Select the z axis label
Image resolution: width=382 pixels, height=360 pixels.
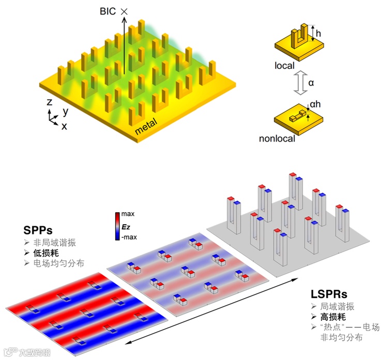pos(49,102)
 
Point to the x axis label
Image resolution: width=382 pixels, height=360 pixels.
pos(64,126)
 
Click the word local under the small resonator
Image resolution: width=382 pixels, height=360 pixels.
pos(285,66)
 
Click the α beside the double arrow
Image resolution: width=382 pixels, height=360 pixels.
pos(311,83)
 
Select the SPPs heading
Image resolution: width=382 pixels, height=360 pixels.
pos(39,229)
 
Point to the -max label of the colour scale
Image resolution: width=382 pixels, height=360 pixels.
pos(129,237)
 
